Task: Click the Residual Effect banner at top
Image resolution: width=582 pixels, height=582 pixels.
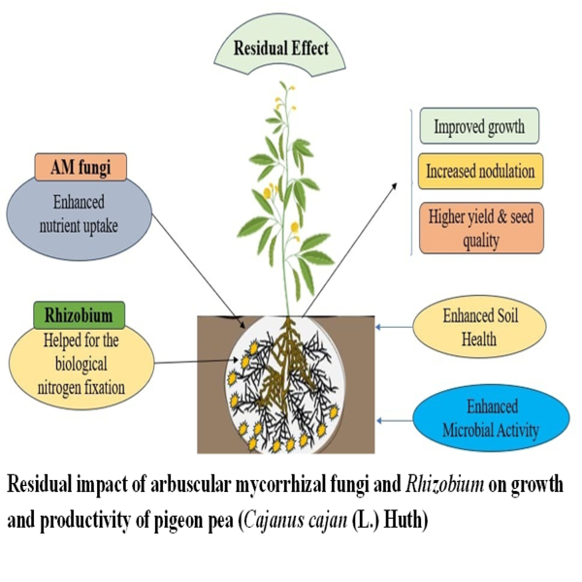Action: tap(280, 47)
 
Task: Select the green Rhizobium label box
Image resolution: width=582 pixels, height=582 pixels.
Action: tap(80, 315)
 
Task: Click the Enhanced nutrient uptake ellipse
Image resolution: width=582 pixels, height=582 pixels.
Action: tap(80, 218)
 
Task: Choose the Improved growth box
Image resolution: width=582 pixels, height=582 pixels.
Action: tap(479, 127)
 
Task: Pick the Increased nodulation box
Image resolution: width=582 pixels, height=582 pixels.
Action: tap(479, 172)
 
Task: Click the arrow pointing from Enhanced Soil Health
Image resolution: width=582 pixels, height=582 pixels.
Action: tap(393, 328)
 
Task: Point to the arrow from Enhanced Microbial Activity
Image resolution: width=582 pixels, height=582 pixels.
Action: tap(393, 419)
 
